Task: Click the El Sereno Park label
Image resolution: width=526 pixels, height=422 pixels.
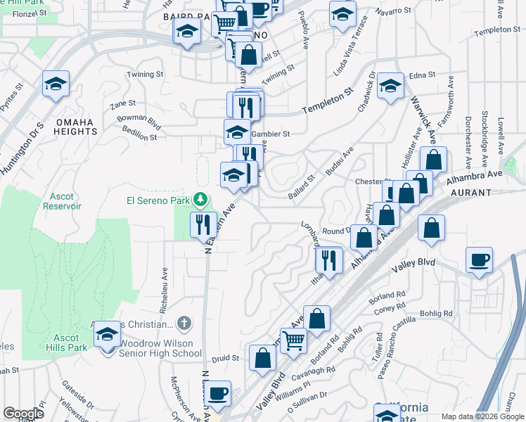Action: click(x=158, y=200)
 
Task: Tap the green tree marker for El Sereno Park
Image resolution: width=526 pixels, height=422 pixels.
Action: click(x=202, y=201)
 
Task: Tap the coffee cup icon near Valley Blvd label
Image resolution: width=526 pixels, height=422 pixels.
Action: click(x=479, y=260)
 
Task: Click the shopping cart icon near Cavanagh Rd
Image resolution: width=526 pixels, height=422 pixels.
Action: click(x=294, y=340)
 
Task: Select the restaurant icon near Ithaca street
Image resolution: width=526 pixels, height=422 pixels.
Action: click(x=328, y=260)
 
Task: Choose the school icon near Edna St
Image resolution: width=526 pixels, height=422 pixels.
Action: click(x=390, y=87)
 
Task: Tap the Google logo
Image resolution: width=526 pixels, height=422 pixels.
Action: click(x=23, y=413)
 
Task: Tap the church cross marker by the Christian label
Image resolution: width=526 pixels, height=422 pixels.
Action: click(x=184, y=324)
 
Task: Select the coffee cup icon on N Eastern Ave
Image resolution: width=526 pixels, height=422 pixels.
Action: click(x=218, y=392)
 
